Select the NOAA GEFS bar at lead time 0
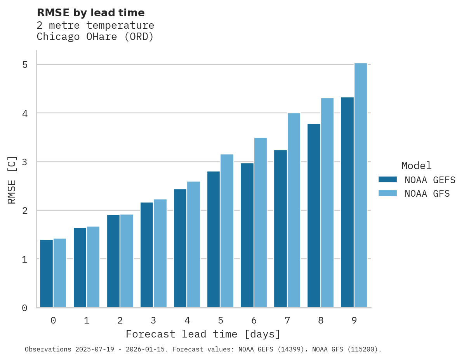pyautogui.click(x=46, y=273)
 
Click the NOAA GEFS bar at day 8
pyautogui.click(x=314, y=216)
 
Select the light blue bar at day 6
pyautogui.click(x=261, y=223)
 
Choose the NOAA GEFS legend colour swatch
pyautogui.click(x=388, y=179)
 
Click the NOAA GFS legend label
pyautogui.click(x=427, y=193)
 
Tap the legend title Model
pyautogui.click(x=416, y=166)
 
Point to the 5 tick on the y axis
pyautogui.click(x=25, y=65)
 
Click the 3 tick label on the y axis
pyautogui.click(x=25, y=162)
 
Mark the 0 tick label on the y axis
pyautogui.click(x=25, y=308)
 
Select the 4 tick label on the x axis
pyautogui.click(x=187, y=320)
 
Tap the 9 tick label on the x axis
pyautogui.click(x=354, y=320)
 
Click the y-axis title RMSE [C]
pyautogui.click(x=12, y=180)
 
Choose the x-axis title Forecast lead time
pyautogui.click(x=203, y=334)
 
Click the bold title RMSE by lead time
pyautogui.click(x=90, y=13)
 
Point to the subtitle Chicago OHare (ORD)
pyautogui.click(x=95, y=37)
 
